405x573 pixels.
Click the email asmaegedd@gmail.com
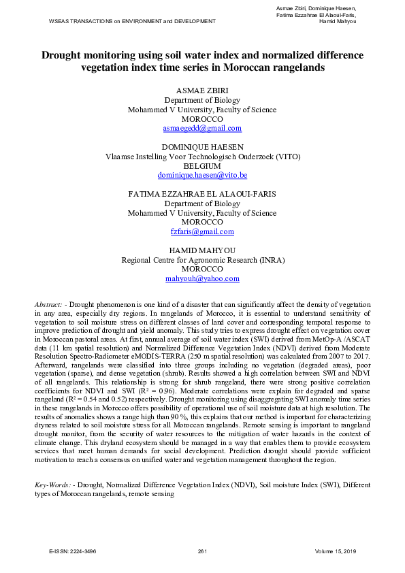(x=202, y=128)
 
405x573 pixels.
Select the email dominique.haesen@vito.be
(x=202, y=175)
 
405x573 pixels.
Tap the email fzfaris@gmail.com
(x=202, y=231)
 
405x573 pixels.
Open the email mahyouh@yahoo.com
(x=202, y=278)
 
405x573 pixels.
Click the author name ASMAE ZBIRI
(x=202, y=91)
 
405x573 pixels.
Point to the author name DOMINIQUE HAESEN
(x=202, y=146)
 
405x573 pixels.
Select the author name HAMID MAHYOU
(x=202, y=250)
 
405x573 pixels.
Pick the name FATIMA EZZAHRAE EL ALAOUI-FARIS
(x=202, y=194)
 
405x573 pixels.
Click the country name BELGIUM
(x=202, y=165)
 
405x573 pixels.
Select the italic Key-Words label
(x=54, y=485)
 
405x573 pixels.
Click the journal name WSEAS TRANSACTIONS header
(x=132, y=21)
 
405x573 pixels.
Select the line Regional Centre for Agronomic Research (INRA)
(x=202, y=260)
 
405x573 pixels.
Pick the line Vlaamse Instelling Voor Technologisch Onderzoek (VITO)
(x=202, y=156)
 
